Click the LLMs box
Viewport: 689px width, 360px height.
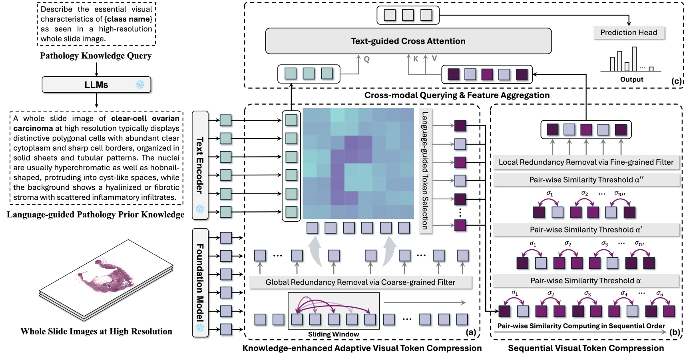pos(96,85)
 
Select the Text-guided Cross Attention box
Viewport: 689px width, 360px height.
pos(408,41)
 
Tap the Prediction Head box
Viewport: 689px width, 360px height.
pos(629,33)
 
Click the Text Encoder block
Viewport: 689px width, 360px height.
pos(200,165)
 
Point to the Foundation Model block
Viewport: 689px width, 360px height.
pos(200,282)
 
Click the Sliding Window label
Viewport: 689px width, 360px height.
pos(333,334)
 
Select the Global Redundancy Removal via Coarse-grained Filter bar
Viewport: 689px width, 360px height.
pos(360,282)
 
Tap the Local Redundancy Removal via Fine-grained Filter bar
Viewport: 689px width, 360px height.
pos(586,162)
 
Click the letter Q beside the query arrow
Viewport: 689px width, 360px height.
pos(366,60)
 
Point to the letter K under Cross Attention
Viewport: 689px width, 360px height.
pos(416,59)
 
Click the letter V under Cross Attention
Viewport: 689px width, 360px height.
pos(434,59)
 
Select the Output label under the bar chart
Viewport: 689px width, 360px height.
pos(631,80)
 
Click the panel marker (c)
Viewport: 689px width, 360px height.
pos(676,81)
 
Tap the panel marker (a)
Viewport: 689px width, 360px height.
pos(471,332)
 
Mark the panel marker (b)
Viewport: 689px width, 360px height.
pos(674,332)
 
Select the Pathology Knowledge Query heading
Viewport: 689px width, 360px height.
pos(96,56)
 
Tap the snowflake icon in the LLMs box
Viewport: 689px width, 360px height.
pos(140,85)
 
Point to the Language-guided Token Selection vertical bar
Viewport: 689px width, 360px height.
pos(425,171)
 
